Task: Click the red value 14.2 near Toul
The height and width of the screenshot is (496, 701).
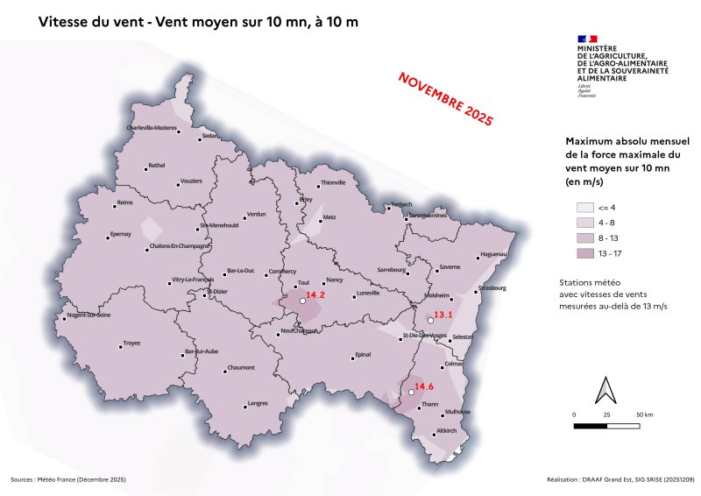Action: pyautogui.click(x=315, y=295)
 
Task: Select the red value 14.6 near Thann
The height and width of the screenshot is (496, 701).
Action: pyautogui.click(x=424, y=386)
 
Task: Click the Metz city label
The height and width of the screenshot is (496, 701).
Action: pyautogui.click(x=329, y=216)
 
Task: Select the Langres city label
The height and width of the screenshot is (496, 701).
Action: pyautogui.click(x=258, y=403)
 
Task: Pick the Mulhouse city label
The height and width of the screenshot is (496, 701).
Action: pyautogui.click(x=457, y=411)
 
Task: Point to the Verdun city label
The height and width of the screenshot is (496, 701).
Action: pyautogui.click(x=256, y=214)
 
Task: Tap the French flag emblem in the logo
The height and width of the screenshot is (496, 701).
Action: pyautogui.click(x=587, y=39)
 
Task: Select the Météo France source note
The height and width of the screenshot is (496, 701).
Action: pyautogui.click(x=68, y=479)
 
